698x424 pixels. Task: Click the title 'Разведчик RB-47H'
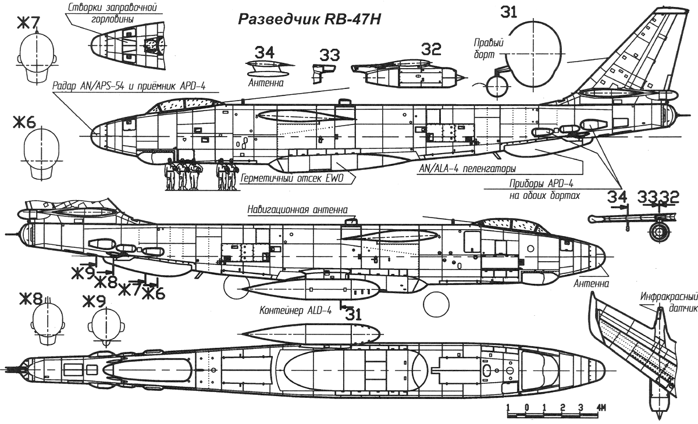[x=309, y=19]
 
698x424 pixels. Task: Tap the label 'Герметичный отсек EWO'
[x=292, y=178]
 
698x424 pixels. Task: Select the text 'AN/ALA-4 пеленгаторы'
[x=466, y=169]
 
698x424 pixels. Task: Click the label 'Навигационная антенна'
[x=297, y=209]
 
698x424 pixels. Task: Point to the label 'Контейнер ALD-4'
[x=295, y=310]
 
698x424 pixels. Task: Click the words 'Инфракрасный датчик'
[x=669, y=302]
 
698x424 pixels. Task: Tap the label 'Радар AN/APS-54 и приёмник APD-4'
[x=129, y=86]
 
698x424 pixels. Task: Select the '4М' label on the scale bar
[x=601, y=408]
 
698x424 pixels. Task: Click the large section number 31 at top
[x=508, y=12]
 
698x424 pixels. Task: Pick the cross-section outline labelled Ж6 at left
[x=41, y=155]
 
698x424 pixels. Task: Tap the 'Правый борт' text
[x=488, y=48]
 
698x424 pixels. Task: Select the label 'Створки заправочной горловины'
[x=112, y=13]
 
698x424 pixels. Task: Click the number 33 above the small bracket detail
[x=329, y=55]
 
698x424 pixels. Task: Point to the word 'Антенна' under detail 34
[x=266, y=83]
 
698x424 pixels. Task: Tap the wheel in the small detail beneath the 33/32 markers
[x=660, y=231]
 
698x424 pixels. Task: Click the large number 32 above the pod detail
[x=431, y=49]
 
